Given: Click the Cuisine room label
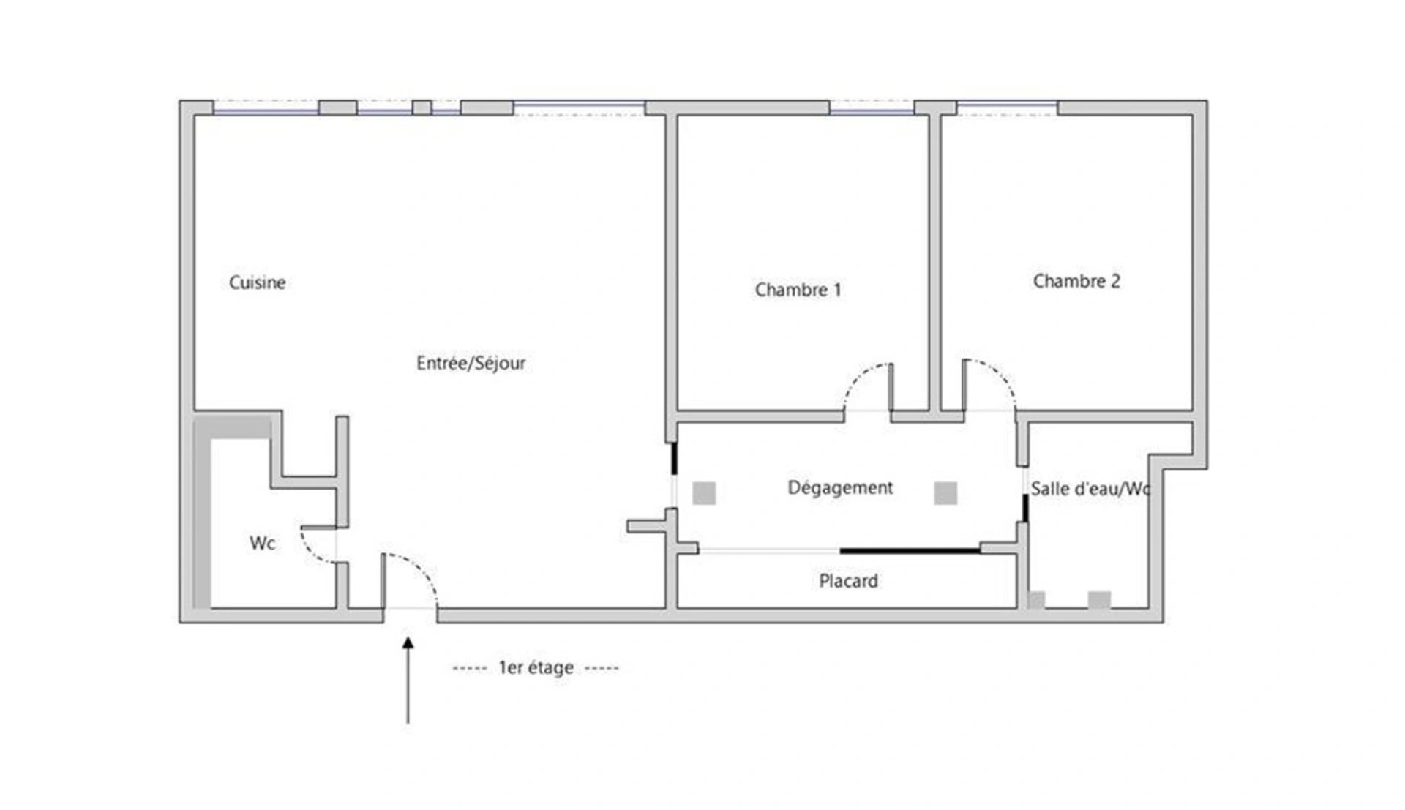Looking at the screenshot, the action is click(x=257, y=282).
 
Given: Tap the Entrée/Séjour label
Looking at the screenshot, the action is click(x=471, y=363).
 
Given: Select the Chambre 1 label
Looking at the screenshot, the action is click(x=798, y=290).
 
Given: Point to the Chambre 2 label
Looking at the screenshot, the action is click(x=1076, y=281).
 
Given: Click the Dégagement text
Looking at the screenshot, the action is click(x=840, y=488).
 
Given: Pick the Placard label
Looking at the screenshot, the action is click(x=848, y=581).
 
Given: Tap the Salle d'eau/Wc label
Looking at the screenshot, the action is click(x=1090, y=489).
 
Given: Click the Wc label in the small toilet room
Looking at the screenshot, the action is click(x=262, y=543).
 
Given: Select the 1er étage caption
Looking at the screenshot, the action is click(x=536, y=667).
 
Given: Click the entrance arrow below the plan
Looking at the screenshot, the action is click(x=408, y=680).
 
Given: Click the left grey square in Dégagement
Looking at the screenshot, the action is click(x=704, y=493).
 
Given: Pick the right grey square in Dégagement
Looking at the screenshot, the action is click(x=945, y=493).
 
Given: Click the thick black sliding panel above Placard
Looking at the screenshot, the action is click(x=910, y=550).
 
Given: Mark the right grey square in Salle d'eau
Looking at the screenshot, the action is click(x=1099, y=601).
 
